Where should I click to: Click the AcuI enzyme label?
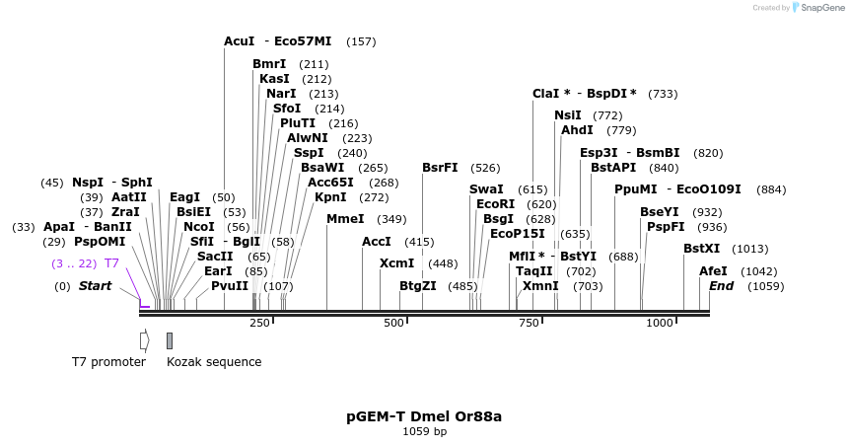240,41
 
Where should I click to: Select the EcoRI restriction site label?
495,204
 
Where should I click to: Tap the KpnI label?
330,197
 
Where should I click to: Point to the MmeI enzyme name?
345,219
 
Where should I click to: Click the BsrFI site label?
440,168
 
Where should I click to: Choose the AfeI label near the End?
712,271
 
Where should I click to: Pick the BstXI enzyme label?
701,249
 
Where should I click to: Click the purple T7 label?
111,263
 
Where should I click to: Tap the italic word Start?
95,286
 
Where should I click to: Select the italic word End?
721,286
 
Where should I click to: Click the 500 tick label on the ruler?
394,324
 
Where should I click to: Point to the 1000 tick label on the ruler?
659,324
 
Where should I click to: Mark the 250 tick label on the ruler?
259,324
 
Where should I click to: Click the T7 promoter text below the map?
108,362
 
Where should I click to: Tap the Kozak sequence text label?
214,362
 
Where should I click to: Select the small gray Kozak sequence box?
170,340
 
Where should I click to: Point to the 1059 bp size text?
424,432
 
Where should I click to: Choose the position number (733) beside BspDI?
663,94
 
